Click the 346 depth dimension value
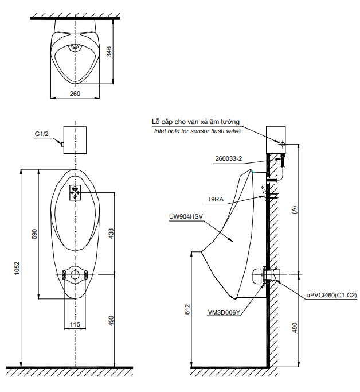click(x=109, y=52)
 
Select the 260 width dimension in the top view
click(x=75, y=94)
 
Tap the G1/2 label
click(x=41, y=134)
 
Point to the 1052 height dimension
click(x=17, y=268)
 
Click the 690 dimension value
click(x=34, y=234)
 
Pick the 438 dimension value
click(x=111, y=234)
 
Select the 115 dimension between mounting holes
click(x=75, y=324)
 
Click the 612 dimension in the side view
click(x=187, y=309)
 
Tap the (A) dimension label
click(x=295, y=209)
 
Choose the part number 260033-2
click(x=228, y=158)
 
